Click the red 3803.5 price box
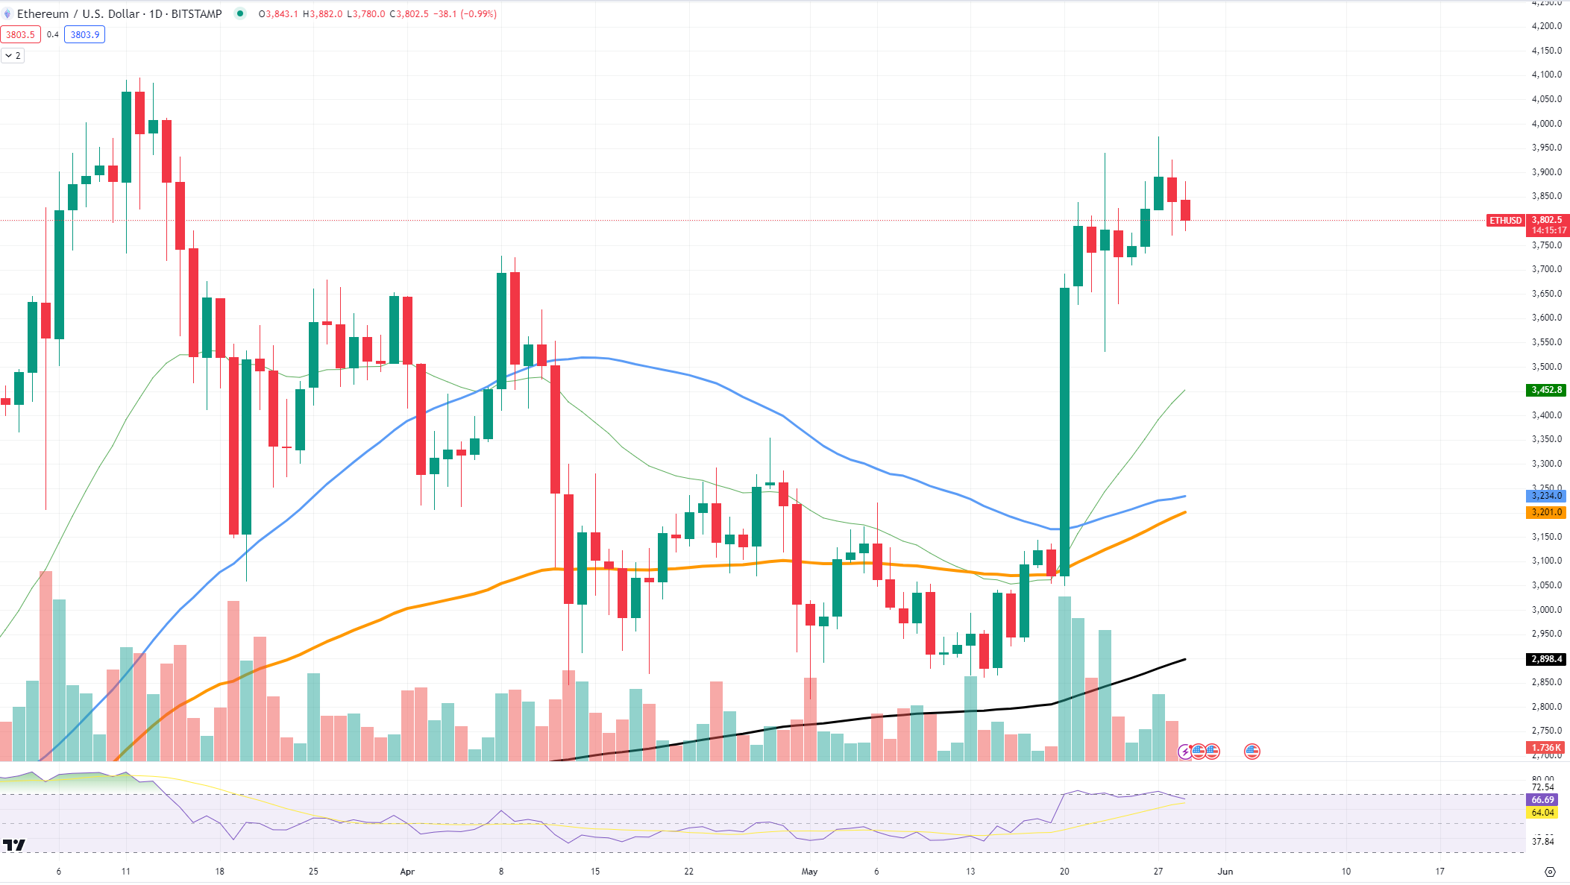20,34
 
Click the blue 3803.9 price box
84,34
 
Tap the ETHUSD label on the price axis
1505,221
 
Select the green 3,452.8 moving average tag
1546,390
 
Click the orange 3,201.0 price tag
1546,512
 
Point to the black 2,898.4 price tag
1546,659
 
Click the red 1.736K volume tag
1546,748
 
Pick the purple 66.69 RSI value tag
1542,800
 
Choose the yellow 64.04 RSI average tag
1542,813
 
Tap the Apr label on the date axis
407,871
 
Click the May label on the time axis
809,871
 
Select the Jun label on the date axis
1225,871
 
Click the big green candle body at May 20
1064,432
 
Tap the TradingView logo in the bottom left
13,845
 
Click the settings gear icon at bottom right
1550,872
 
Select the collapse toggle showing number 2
13,56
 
